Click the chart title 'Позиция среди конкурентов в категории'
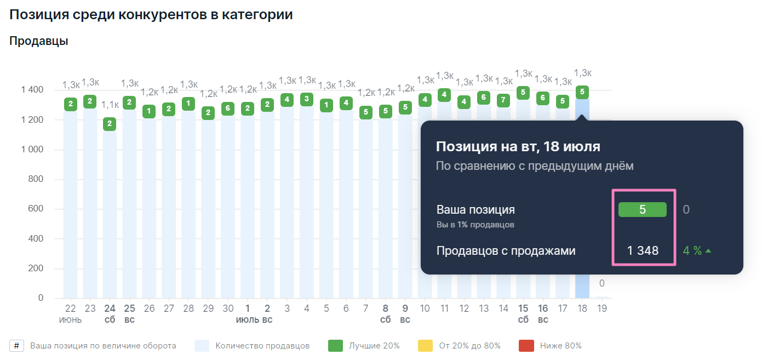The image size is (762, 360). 151,15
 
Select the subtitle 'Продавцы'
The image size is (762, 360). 38,41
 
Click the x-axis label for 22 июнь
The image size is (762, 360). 70,308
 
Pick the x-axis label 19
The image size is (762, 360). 601,308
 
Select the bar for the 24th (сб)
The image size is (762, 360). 110,219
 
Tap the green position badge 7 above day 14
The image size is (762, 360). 503,100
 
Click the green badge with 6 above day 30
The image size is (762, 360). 228,108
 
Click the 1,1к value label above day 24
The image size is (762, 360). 110,105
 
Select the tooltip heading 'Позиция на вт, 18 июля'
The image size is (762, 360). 518,147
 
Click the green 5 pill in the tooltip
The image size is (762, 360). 642,209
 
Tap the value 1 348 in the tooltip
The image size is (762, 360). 643,251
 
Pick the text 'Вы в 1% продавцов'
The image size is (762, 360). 475,225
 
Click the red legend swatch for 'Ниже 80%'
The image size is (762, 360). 526,346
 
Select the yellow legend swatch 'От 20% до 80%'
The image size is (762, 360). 425,346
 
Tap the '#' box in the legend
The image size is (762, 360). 16,346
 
